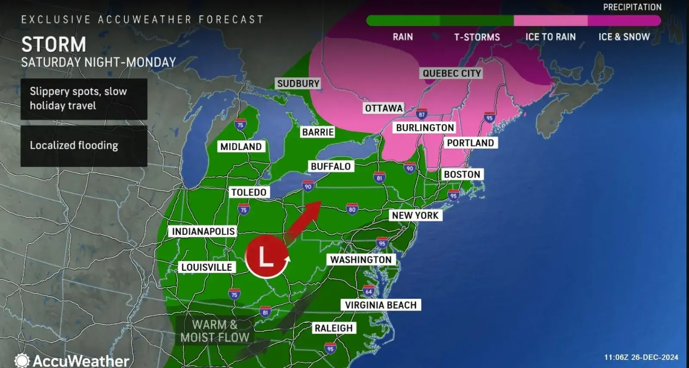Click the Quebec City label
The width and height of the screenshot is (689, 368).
tap(451, 74)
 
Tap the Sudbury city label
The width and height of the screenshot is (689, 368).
tap(298, 83)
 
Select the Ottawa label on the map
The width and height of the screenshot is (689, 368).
tap(384, 108)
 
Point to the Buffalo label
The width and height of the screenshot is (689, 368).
tap(331, 166)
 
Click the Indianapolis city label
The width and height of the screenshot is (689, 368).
tap(203, 232)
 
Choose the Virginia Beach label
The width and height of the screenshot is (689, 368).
tap(381, 305)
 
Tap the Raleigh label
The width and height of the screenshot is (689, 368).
tap(333, 328)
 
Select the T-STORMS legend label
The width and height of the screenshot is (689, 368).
tap(477, 37)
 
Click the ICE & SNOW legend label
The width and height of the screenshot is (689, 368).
tap(624, 37)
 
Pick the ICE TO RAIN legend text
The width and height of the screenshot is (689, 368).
tap(550, 37)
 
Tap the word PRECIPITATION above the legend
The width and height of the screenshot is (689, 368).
tap(632, 7)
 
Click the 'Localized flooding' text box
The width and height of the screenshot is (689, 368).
tap(84, 146)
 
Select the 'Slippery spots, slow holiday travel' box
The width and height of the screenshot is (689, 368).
tap(84, 99)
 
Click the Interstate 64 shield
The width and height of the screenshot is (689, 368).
tap(369, 291)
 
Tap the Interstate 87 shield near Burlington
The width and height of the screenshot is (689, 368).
tap(422, 114)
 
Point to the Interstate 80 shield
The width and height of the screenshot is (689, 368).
tap(352, 209)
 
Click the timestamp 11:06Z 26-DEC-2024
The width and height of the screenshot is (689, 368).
tap(641, 357)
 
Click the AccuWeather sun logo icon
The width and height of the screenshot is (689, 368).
tap(22, 360)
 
